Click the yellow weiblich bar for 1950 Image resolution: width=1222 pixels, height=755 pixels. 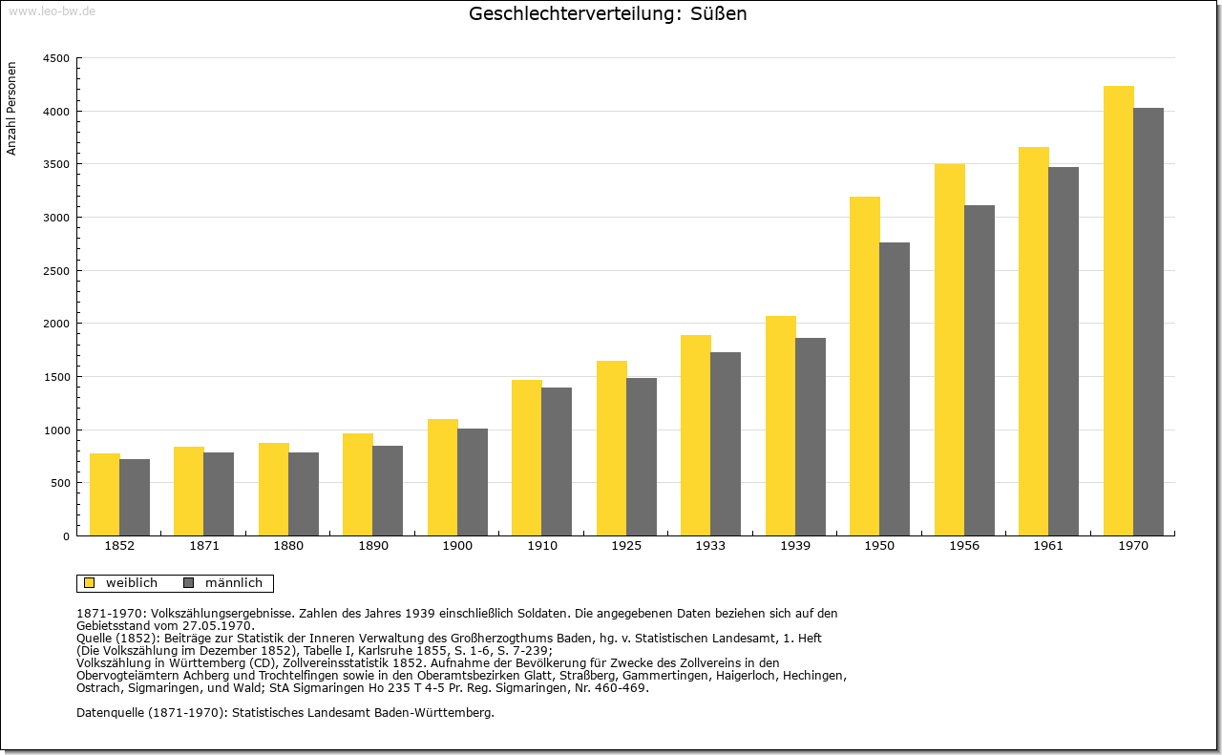pyautogui.click(x=865, y=366)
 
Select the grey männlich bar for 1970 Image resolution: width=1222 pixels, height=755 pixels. pyautogui.click(x=1148, y=322)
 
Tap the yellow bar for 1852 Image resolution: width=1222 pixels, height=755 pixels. pyautogui.click(x=105, y=494)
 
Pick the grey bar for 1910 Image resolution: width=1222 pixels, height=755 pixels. pyautogui.click(x=557, y=462)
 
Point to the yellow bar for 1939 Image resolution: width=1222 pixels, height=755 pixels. pyautogui.click(x=781, y=426)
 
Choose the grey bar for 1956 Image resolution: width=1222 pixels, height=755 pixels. pyautogui.click(x=980, y=370)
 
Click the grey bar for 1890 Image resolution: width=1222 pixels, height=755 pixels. pyautogui.click(x=388, y=491)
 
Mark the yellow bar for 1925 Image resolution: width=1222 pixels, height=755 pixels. pyautogui.click(x=612, y=449)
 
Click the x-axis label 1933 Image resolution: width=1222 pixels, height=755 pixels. pyautogui.click(x=710, y=546)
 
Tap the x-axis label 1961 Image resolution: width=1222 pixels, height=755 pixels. pyautogui.click(x=1048, y=546)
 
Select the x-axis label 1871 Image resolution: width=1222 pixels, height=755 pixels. pyautogui.click(x=204, y=546)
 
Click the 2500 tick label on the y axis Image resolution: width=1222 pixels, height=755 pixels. pyautogui.click(x=56, y=271)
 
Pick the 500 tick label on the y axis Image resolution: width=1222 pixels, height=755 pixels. pyautogui.click(x=59, y=483)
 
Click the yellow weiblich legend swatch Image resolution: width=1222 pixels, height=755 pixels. pyautogui.click(x=90, y=583)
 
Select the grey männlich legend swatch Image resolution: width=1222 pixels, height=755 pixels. pyautogui.click(x=189, y=583)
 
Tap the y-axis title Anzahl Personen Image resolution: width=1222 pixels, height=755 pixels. pyautogui.click(x=11, y=109)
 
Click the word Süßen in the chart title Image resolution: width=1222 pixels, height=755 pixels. pyautogui.click(x=719, y=13)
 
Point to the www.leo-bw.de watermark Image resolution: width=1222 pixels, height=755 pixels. pyautogui.click(x=53, y=11)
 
